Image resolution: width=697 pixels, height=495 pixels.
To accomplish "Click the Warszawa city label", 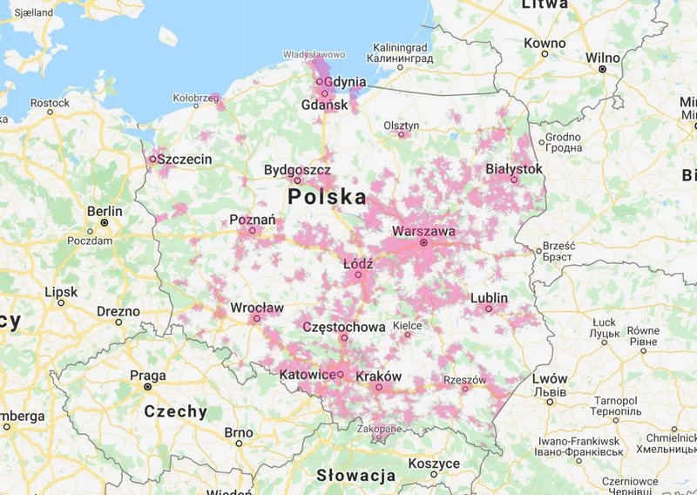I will [x=423, y=232].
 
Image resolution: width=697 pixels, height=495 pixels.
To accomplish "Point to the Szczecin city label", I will [x=186, y=159].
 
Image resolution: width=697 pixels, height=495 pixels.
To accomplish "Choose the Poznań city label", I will [x=253, y=220].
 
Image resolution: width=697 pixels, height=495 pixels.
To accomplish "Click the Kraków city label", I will [x=379, y=376].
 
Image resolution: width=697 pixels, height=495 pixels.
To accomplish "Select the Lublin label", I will [x=489, y=298].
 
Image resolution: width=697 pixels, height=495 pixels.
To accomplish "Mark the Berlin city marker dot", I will [x=104, y=222].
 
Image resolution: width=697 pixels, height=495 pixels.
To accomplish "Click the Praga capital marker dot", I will [x=147, y=386].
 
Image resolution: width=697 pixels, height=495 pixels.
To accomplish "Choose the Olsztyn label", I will [x=401, y=125].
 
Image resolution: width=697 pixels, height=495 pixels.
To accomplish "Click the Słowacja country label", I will [x=355, y=476].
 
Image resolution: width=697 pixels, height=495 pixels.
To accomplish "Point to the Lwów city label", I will [x=551, y=379].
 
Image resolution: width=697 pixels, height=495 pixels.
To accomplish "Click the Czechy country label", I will [x=175, y=411].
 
